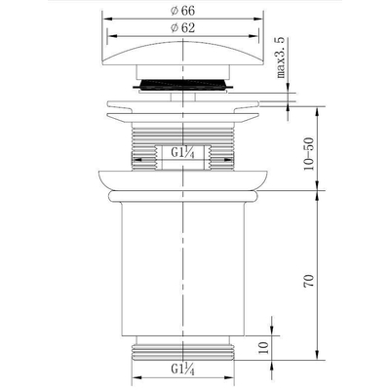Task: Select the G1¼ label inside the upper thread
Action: pos(183,154)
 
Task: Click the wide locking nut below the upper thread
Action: pos(181,181)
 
